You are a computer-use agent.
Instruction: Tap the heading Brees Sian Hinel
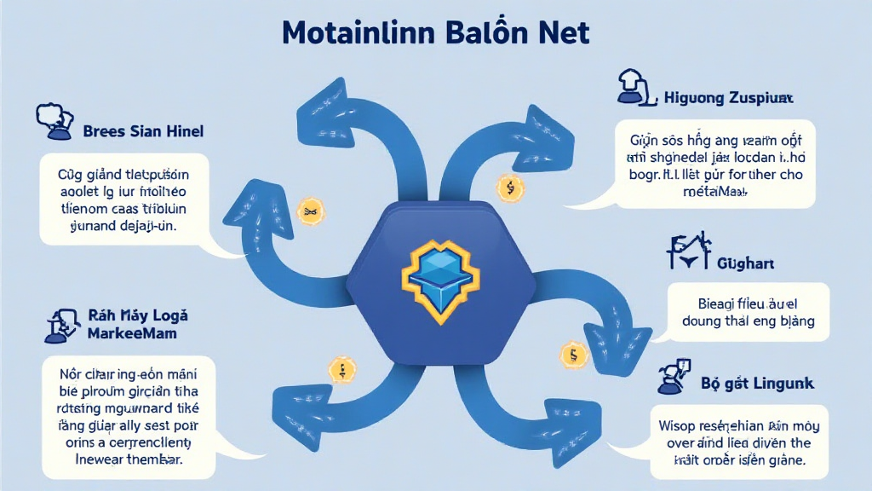point(143,132)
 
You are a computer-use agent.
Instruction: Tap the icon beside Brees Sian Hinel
point(53,122)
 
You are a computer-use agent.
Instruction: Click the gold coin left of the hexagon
point(308,211)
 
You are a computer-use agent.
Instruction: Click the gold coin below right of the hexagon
point(572,354)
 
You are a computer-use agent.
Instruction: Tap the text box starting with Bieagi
point(749,311)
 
